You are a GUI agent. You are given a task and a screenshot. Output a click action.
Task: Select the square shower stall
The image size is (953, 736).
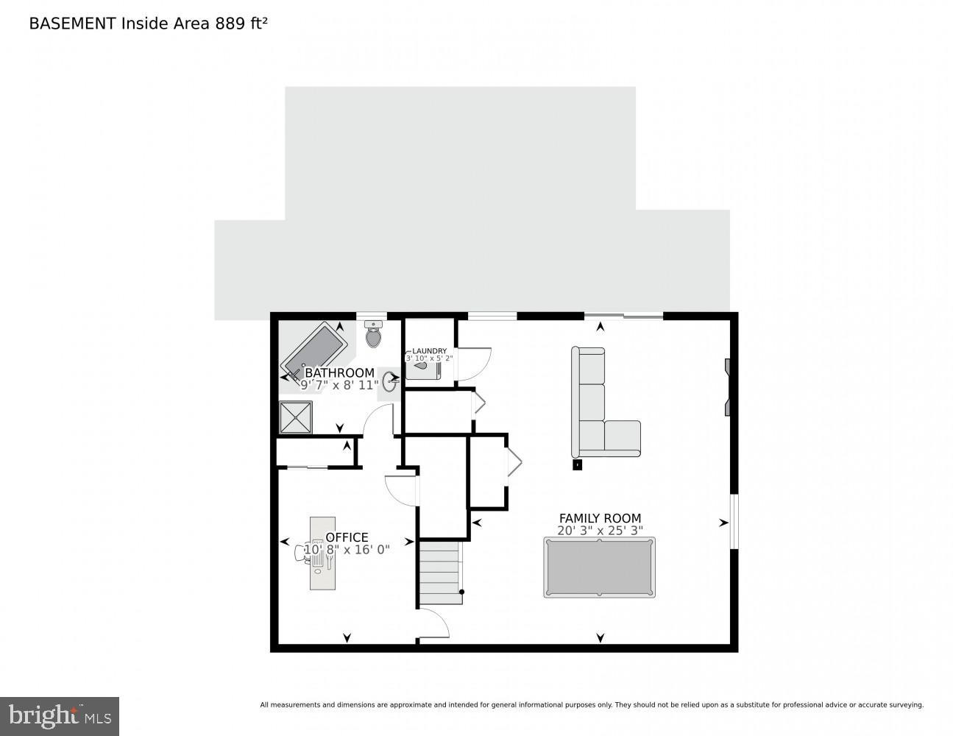pyautogui.click(x=295, y=417)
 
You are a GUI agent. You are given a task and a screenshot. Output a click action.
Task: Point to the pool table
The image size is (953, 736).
pyautogui.click(x=599, y=567)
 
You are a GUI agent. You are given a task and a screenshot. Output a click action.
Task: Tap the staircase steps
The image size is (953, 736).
pyautogui.click(x=441, y=573)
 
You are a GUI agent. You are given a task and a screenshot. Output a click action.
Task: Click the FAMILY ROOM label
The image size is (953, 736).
pyautogui.click(x=600, y=518)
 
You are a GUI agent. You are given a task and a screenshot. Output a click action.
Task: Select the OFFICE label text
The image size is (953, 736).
pyautogui.click(x=347, y=537)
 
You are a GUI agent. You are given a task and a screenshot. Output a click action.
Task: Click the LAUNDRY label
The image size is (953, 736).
pyautogui.click(x=429, y=351)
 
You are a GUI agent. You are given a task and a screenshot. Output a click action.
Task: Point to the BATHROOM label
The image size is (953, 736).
pyautogui.click(x=339, y=373)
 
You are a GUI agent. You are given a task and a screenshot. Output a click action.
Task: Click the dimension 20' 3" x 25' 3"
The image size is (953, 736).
pyautogui.click(x=600, y=531)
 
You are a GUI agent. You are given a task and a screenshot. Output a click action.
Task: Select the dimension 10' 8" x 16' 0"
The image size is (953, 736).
pyautogui.click(x=347, y=549)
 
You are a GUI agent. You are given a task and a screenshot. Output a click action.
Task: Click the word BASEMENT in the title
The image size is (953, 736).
pyautogui.click(x=72, y=24)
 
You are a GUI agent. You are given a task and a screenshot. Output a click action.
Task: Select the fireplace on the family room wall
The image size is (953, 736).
pyautogui.click(x=727, y=388)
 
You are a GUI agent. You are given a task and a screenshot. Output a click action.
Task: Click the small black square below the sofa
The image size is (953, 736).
pyautogui.click(x=577, y=464)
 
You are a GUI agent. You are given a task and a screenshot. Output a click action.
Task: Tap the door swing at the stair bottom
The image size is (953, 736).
pyautogui.click(x=434, y=626)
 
